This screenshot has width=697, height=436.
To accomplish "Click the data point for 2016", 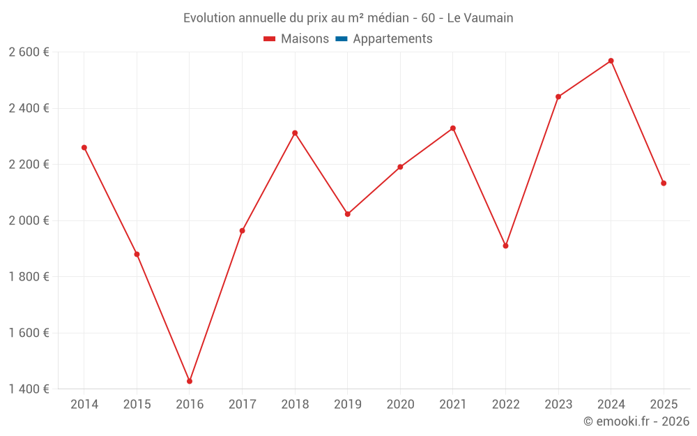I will [x=190, y=381].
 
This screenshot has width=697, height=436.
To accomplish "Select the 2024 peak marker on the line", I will [x=611, y=61].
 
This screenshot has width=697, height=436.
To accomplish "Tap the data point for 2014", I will [x=84, y=147].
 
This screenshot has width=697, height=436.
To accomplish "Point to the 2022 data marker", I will [x=505, y=246].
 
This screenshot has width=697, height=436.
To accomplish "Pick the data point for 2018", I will [x=295, y=133].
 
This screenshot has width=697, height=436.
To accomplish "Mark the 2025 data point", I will [x=664, y=183].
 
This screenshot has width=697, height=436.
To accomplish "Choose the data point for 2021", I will [x=453, y=128].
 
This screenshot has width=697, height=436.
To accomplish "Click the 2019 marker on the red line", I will [x=348, y=213].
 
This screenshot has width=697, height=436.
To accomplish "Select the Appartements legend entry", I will [x=392, y=39].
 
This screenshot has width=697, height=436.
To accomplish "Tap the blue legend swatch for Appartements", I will [x=342, y=39].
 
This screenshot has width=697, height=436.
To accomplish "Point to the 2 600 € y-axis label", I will [x=29, y=52].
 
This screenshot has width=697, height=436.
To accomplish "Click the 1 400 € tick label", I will [x=29, y=389].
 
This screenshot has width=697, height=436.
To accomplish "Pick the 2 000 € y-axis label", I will [x=29, y=220].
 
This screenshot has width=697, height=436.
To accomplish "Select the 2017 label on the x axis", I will [x=242, y=405].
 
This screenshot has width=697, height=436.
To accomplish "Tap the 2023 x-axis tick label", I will [x=558, y=405].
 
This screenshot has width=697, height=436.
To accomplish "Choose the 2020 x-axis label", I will [x=400, y=405].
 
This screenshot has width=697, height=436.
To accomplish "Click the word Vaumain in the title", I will [x=489, y=18].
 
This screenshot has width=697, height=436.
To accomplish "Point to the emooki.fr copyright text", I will [x=636, y=421].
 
